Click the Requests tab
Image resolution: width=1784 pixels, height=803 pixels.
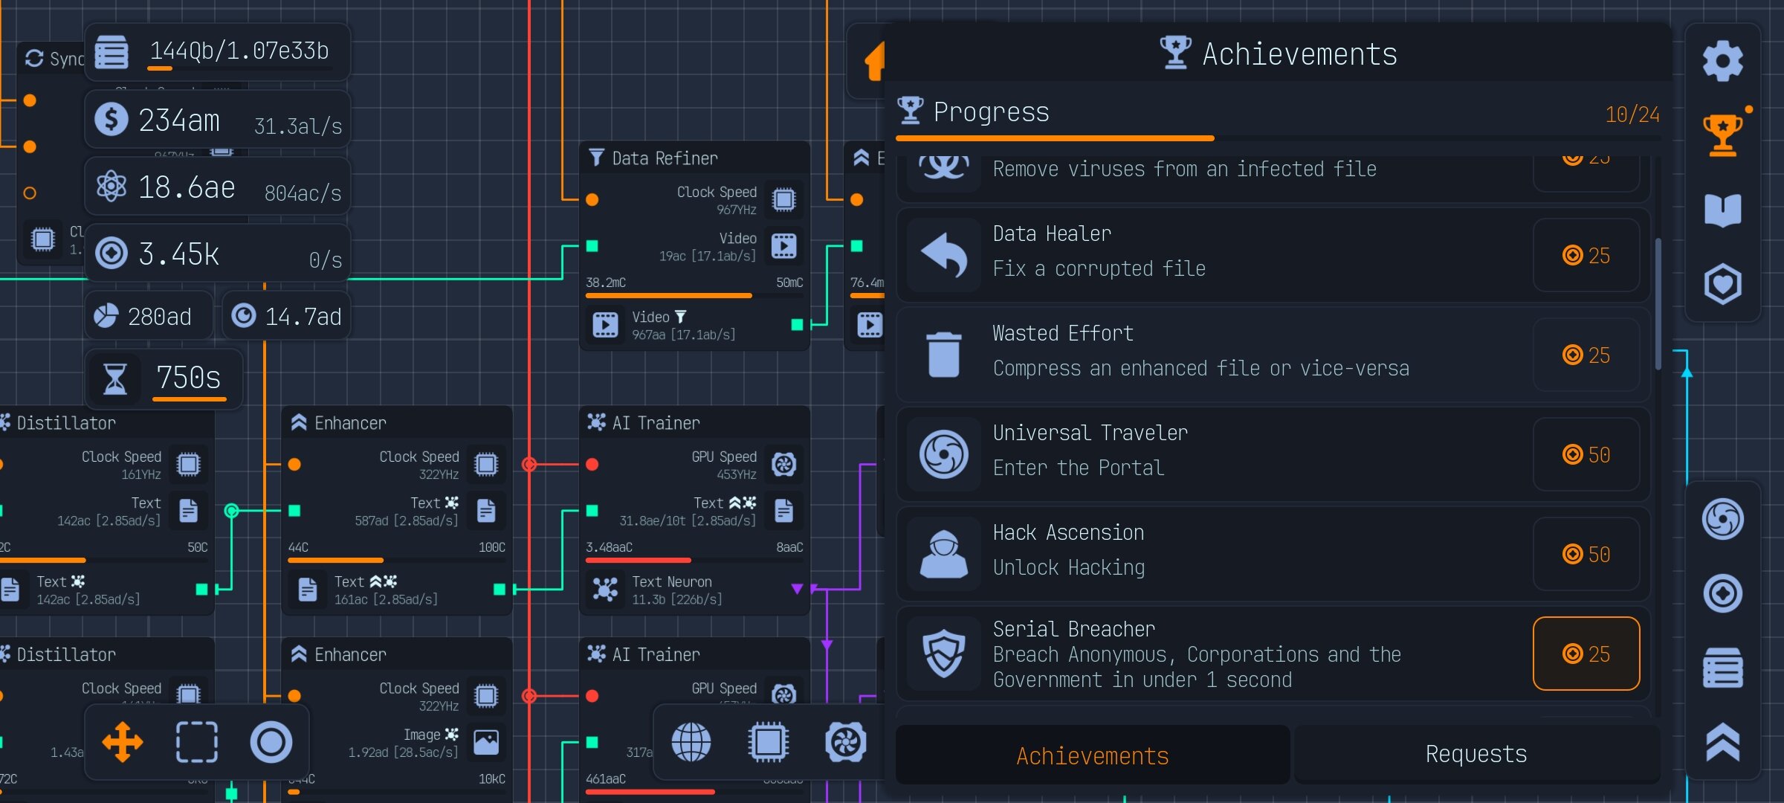pyautogui.click(x=1476, y=755)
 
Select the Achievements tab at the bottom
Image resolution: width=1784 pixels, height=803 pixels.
pyautogui.click(x=1092, y=756)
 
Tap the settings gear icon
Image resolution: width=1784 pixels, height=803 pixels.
pyautogui.click(x=1722, y=61)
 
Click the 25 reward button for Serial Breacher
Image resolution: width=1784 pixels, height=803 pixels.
pyautogui.click(x=1586, y=654)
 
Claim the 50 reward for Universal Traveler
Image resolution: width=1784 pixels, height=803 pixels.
pyautogui.click(x=1586, y=455)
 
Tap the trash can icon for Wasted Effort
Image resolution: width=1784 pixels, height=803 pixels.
pyautogui.click(x=944, y=355)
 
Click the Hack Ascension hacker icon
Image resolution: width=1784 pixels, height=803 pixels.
pyautogui.click(x=944, y=554)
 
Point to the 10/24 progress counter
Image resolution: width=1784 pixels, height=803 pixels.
pyautogui.click(x=1632, y=115)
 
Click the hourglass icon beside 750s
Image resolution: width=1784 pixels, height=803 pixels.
pyautogui.click(x=114, y=378)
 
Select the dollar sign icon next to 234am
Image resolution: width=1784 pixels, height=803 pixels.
pyautogui.click(x=111, y=120)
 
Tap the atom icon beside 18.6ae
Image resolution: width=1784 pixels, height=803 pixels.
pyautogui.click(x=111, y=187)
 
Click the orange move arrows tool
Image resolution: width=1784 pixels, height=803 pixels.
pyautogui.click(x=123, y=742)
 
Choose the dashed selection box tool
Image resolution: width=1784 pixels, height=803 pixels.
pyautogui.click(x=196, y=742)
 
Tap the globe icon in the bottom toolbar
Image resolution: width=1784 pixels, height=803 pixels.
pyautogui.click(x=691, y=742)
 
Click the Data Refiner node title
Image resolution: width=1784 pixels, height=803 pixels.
pyautogui.click(x=665, y=158)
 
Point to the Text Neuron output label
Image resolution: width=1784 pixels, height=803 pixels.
pyautogui.click(x=672, y=582)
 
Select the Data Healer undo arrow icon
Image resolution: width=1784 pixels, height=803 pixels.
pyautogui.click(x=944, y=255)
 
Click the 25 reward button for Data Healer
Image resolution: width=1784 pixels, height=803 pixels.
pyautogui.click(x=1586, y=256)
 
